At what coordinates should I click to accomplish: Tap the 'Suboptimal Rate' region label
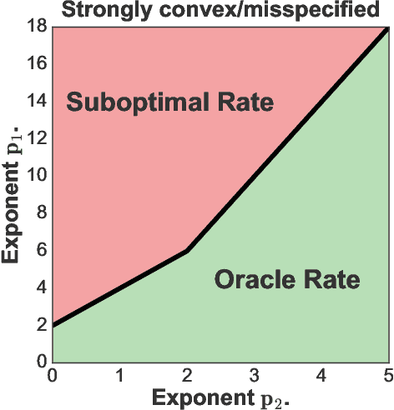click(x=170, y=103)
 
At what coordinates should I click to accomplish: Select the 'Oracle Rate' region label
click(x=287, y=279)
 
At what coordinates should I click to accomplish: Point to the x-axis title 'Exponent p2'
click(x=220, y=393)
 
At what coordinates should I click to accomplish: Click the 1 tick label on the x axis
click(x=119, y=373)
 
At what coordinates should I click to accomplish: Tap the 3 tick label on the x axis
click(x=254, y=373)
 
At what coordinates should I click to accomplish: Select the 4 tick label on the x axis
click(x=321, y=373)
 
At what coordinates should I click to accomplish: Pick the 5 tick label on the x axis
click(x=386, y=373)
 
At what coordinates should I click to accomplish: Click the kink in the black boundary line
click(x=187, y=250)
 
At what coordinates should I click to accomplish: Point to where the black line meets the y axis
click(x=53, y=325)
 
